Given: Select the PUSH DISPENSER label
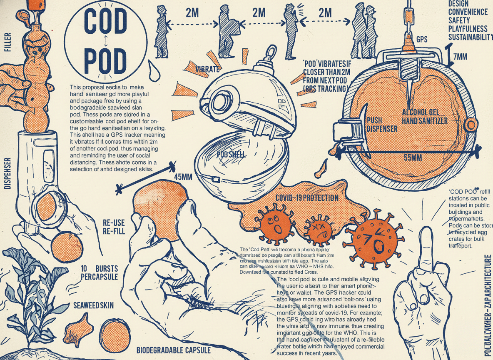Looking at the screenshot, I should (382, 125).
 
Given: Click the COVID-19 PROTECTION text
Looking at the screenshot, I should (307, 198).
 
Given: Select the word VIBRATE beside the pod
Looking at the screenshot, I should (207, 68).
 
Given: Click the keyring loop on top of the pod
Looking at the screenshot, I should (271, 52).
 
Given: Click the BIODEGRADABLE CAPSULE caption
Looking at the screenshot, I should (174, 350).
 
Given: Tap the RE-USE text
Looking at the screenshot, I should (113, 222).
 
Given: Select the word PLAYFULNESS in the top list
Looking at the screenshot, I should (468, 29).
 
